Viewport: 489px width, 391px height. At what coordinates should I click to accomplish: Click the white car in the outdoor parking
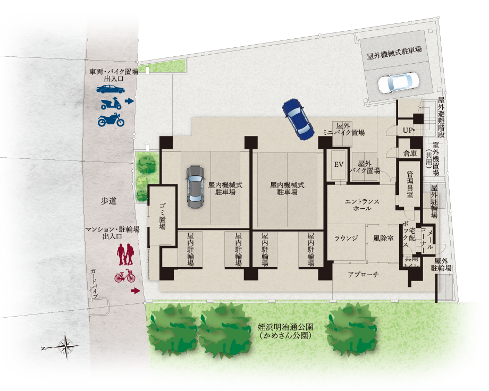coord(399,82)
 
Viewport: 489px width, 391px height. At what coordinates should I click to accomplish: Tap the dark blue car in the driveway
coord(298,119)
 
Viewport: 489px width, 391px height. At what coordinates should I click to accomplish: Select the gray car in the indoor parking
coord(196,186)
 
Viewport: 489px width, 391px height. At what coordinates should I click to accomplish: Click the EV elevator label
coord(339,164)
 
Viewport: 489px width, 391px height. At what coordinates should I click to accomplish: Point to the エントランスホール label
coord(362,205)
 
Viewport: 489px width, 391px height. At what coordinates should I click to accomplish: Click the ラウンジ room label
coord(346,239)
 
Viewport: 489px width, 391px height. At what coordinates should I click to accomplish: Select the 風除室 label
coord(383,239)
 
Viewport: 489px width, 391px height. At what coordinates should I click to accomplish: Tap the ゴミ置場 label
coord(162,216)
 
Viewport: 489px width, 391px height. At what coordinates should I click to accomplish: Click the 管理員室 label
coord(410,184)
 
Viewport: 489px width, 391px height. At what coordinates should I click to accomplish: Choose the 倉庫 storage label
coord(410,153)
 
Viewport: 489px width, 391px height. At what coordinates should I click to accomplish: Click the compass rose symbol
coord(66,346)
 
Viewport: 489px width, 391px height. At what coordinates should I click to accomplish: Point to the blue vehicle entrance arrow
coord(129,101)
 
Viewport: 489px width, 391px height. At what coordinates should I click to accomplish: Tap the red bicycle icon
coord(125,276)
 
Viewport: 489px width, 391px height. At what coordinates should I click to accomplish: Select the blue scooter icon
coord(111,104)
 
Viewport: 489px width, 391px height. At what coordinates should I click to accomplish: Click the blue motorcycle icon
coord(111,120)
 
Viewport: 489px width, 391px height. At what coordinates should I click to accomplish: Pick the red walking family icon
coord(125,254)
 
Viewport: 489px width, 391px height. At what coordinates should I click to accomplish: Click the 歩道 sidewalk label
coord(108,201)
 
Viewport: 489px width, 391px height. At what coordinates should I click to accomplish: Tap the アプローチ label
coord(364,274)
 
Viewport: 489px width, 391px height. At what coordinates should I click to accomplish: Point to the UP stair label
coord(408,130)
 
